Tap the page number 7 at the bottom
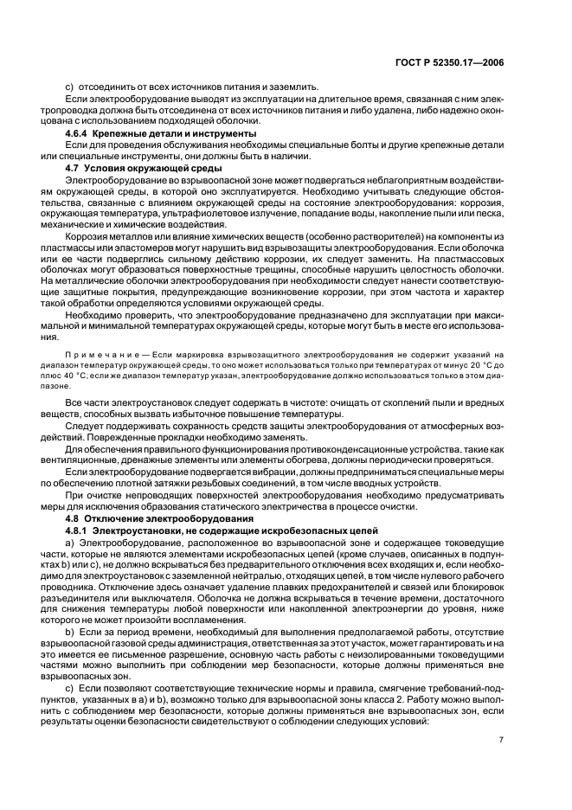click(x=501, y=739)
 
